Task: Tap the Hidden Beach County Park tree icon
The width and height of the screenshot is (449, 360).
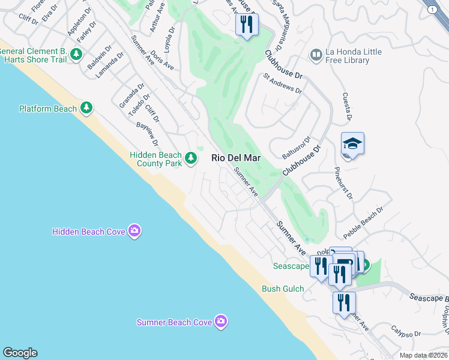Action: [191, 158]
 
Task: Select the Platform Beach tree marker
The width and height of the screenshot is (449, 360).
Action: [87, 108]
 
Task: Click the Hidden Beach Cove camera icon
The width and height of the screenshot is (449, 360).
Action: [134, 231]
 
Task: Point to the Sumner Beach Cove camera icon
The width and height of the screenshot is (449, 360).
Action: [221, 322]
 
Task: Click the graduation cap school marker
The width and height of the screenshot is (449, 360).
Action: [352, 144]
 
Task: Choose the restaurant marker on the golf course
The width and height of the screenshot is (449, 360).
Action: [247, 25]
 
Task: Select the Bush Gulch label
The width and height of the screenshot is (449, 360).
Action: [283, 289]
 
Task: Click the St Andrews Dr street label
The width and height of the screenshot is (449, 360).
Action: [282, 83]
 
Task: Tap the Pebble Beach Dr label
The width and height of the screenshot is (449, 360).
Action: [363, 223]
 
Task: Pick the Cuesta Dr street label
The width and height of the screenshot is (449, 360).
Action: [345, 106]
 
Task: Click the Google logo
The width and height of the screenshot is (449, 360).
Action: [20, 353]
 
